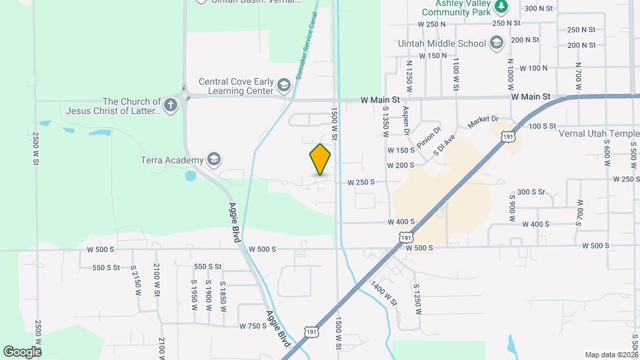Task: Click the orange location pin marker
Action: point(321,159)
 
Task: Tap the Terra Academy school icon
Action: point(214,160)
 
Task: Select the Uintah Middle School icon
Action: point(496,43)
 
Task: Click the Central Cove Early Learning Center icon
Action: point(284,86)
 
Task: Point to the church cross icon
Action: point(171,105)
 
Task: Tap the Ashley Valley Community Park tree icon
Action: point(501,7)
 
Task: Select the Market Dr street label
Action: point(483,123)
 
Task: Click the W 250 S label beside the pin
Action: point(361,182)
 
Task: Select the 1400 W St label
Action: point(385,291)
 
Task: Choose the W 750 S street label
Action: point(253,326)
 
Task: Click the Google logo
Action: point(22,351)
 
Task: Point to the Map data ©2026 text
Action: point(611,355)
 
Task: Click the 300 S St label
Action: point(531,192)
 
